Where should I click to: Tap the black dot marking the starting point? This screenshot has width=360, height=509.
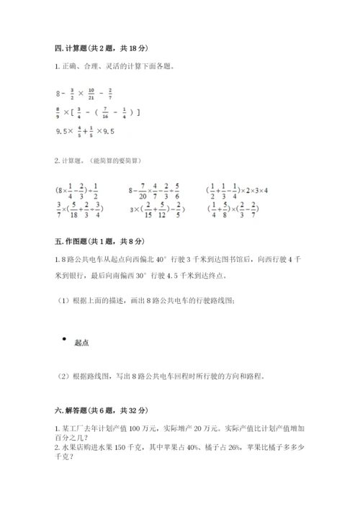coord(64,339)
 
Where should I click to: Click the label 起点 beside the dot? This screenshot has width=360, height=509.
coord(82,343)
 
